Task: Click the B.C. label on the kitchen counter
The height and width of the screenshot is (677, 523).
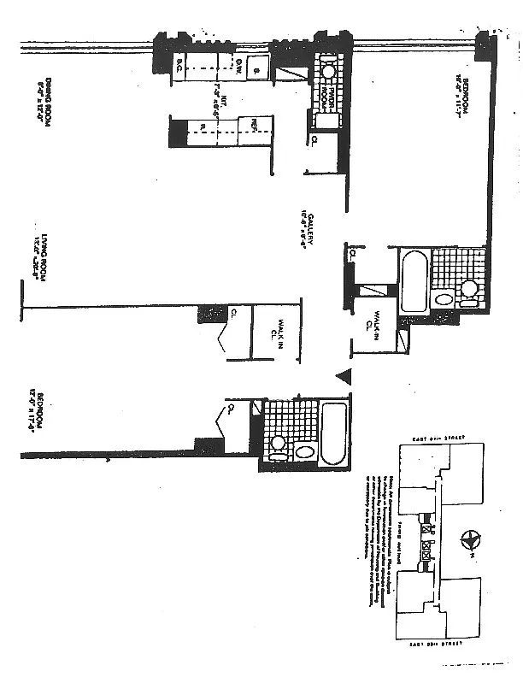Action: [181, 64]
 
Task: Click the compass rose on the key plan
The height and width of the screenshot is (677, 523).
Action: [468, 540]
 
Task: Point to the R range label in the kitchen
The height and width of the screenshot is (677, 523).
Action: [204, 129]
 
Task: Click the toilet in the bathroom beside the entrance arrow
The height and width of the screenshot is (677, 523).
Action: [277, 445]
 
